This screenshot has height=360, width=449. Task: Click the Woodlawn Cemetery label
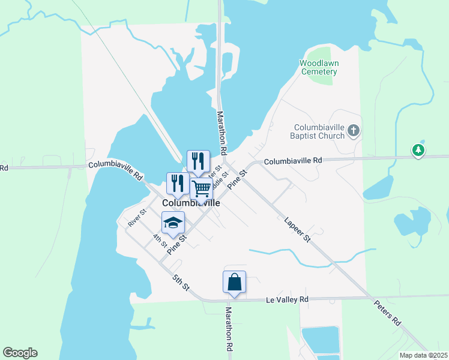click(319, 67)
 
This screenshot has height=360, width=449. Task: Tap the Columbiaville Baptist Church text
click(319, 131)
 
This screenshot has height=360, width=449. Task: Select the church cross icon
click(354, 130)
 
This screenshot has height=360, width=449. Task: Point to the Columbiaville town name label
click(191, 203)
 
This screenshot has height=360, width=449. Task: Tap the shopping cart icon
click(202, 188)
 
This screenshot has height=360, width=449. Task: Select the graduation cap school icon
click(173, 223)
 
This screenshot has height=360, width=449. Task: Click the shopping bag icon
click(234, 281)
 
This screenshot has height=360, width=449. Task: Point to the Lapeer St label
click(298, 230)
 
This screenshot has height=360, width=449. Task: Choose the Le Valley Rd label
click(287, 299)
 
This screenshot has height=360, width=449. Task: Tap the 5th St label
click(181, 283)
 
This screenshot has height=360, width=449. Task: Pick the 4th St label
click(159, 241)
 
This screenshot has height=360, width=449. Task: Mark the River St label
click(137, 217)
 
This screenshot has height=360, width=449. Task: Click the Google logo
click(20, 353)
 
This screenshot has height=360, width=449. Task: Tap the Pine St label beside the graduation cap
click(178, 245)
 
